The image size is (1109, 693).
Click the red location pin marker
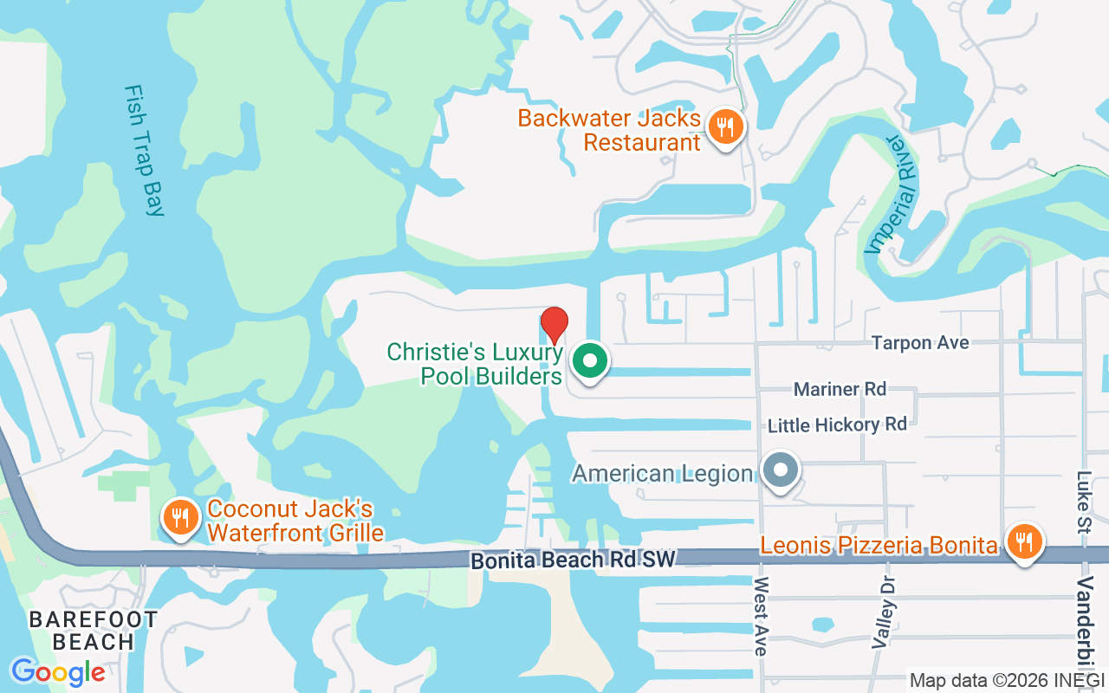[554, 324]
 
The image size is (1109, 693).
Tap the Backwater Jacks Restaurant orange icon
[723, 127]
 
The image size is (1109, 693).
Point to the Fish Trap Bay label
[144, 150]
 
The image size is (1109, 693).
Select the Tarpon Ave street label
[920, 343]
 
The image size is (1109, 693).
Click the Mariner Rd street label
[840, 389]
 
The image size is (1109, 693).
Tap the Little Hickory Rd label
[837, 424]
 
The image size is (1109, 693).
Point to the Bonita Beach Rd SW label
[573, 560]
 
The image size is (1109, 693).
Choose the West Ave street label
[762, 616]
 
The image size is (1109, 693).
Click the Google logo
[58, 671]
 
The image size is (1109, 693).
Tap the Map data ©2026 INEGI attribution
[1007, 680]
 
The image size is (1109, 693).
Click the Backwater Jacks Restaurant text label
[609, 130]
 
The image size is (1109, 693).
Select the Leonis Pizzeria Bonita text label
[879, 546]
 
